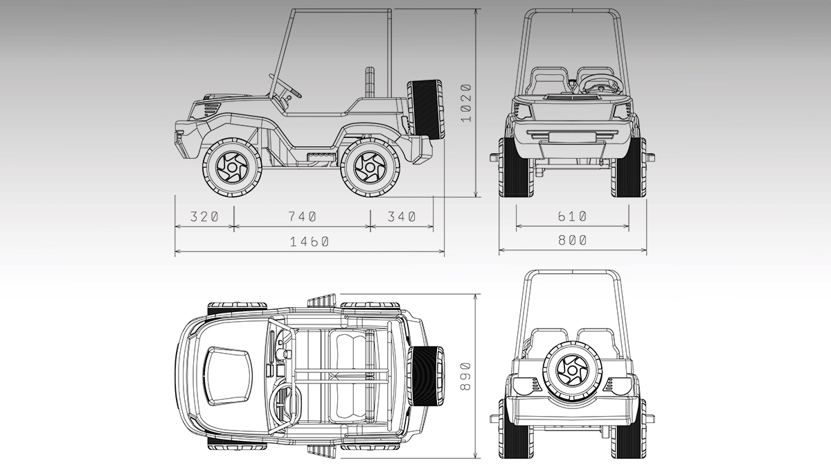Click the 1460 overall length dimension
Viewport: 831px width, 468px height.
309,242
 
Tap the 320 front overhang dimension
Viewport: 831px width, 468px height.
204,216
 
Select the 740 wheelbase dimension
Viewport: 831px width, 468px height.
303,216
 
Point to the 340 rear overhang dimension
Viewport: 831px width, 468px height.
402,216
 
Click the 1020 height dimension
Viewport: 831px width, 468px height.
466,103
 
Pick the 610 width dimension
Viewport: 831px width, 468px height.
573,216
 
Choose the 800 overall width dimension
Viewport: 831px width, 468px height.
573,241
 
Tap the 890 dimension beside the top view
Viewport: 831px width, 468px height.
465,376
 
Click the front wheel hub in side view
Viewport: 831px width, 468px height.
232,168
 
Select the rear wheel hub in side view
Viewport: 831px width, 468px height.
370,168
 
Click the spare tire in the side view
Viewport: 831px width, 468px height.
425,108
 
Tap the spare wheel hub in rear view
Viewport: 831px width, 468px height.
572,371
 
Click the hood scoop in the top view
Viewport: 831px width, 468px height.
228,376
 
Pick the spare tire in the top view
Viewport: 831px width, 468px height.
425,376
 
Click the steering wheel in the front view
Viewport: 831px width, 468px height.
600,85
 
